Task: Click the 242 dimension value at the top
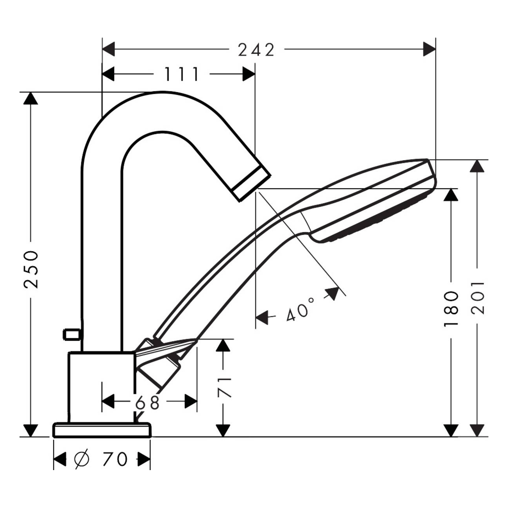pos(256,50)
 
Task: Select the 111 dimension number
pos(181,74)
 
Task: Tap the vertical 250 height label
pos(31,269)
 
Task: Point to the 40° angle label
pos(300,309)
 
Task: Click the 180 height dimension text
pos(451,309)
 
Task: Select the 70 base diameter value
pos(115,459)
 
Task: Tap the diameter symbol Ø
pos(82,459)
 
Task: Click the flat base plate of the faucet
pos(102,430)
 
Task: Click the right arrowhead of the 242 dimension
pos(429,50)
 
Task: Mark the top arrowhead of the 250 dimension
pos(31,98)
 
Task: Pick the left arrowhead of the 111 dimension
pos(108,74)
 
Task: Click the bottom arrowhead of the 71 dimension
pos(223,430)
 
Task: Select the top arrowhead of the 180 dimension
pos(451,195)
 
